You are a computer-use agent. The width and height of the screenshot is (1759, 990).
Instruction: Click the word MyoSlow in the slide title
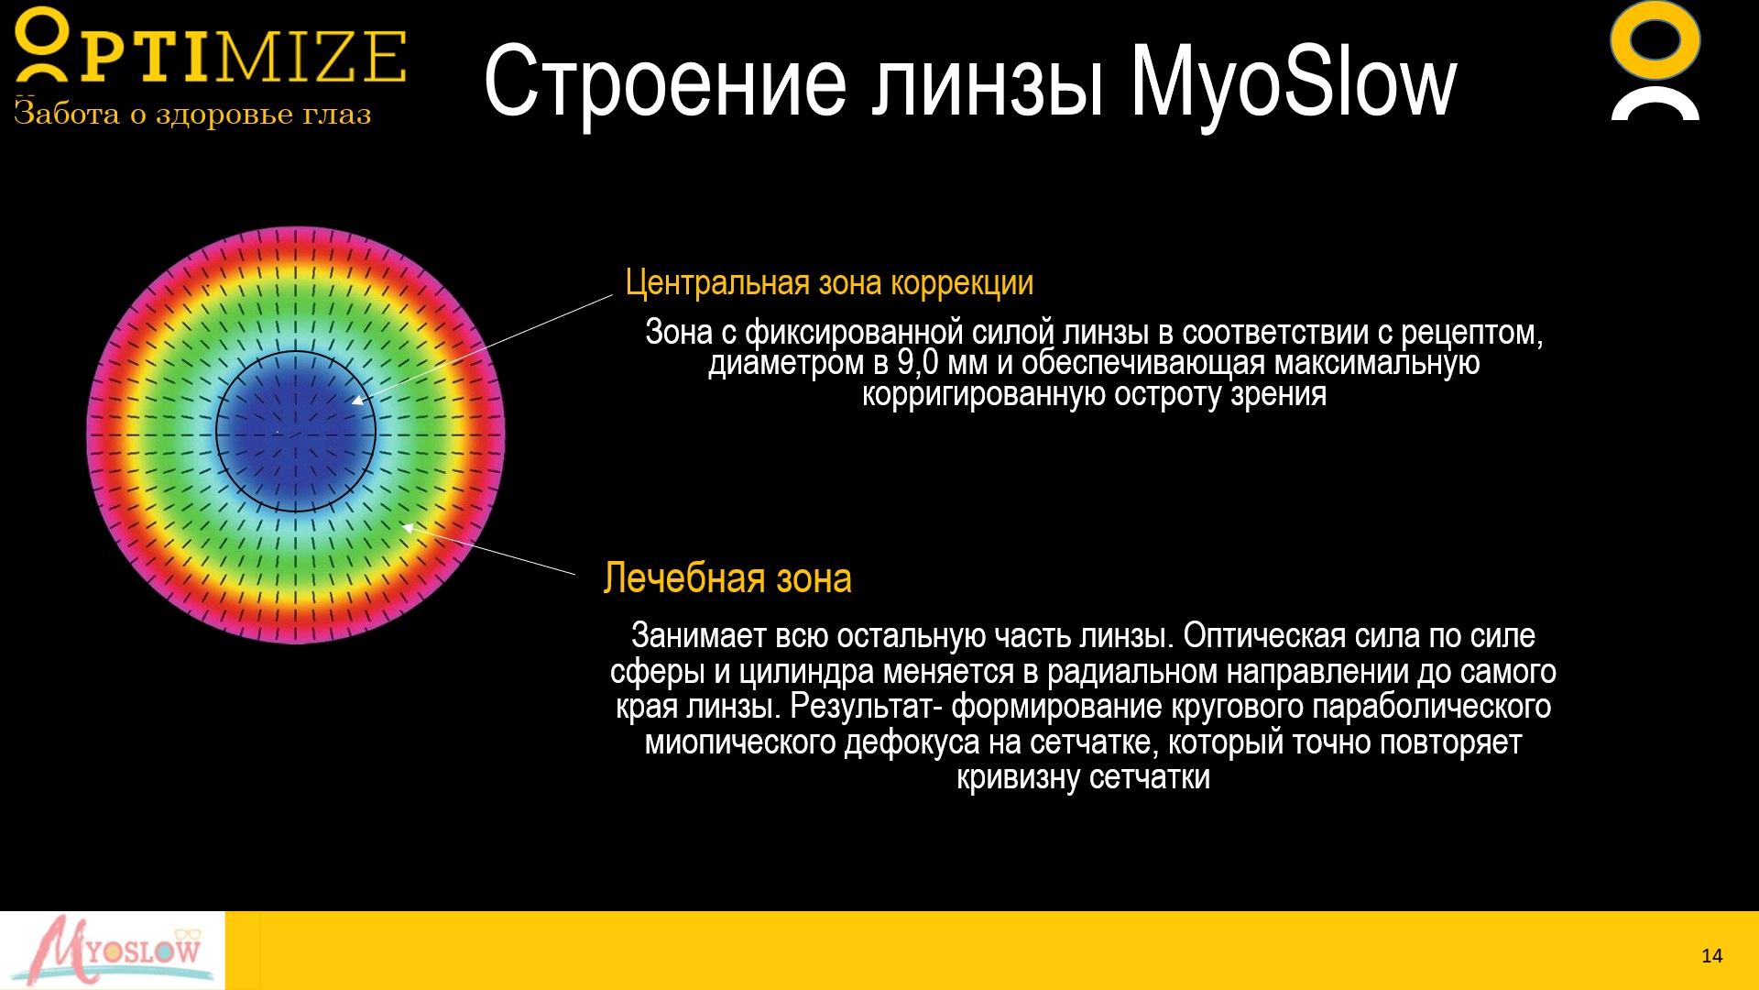click(1293, 83)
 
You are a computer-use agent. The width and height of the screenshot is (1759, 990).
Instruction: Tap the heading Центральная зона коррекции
click(829, 283)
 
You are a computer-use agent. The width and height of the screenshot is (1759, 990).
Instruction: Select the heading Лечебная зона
click(727, 578)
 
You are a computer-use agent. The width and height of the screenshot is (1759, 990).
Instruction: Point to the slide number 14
click(1711, 956)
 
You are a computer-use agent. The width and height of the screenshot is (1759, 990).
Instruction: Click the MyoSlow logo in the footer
click(112, 951)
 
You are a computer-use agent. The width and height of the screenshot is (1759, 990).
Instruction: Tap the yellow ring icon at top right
click(1655, 40)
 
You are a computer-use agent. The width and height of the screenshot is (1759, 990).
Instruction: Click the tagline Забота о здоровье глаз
click(192, 114)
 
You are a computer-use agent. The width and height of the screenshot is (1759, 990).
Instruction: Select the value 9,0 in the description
click(918, 363)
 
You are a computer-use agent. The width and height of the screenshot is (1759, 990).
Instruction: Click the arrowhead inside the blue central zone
click(358, 399)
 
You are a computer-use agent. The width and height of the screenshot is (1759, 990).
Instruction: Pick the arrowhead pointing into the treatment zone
click(409, 527)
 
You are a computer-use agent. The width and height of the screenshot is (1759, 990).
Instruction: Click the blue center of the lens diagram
click(296, 432)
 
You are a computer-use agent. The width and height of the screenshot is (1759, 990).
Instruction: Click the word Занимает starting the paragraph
click(698, 635)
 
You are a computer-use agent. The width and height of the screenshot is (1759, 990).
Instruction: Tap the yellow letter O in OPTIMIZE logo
click(42, 44)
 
